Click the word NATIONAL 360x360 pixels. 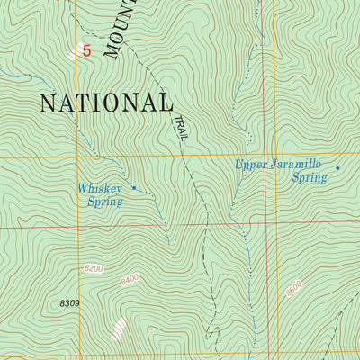coord(104,102)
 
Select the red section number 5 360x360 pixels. coord(86,51)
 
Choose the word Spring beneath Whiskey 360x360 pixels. coord(104,202)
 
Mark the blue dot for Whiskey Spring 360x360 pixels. coord(134,188)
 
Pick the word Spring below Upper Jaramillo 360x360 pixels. coord(310,178)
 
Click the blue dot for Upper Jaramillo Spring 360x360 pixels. coord(337,167)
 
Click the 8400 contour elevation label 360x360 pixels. coord(130,281)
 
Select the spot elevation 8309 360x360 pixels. coord(67,303)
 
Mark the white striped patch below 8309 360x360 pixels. coord(118,328)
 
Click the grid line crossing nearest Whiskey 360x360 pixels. coord(76,157)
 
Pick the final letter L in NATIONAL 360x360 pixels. coord(164,103)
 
